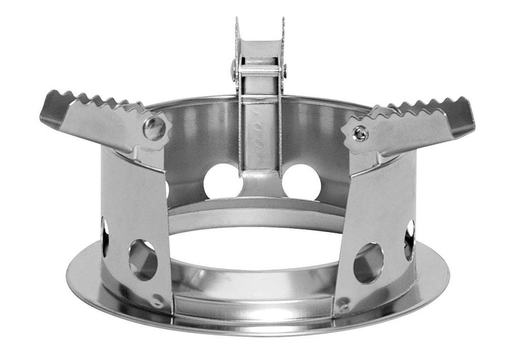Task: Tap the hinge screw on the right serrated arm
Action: pyautogui.click(x=361, y=133)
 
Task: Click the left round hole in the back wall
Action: pyautogui.click(x=222, y=181)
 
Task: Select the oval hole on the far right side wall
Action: pyautogui.click(x=409, y=240)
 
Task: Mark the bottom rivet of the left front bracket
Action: pyautogui.click(x=158, y=300)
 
